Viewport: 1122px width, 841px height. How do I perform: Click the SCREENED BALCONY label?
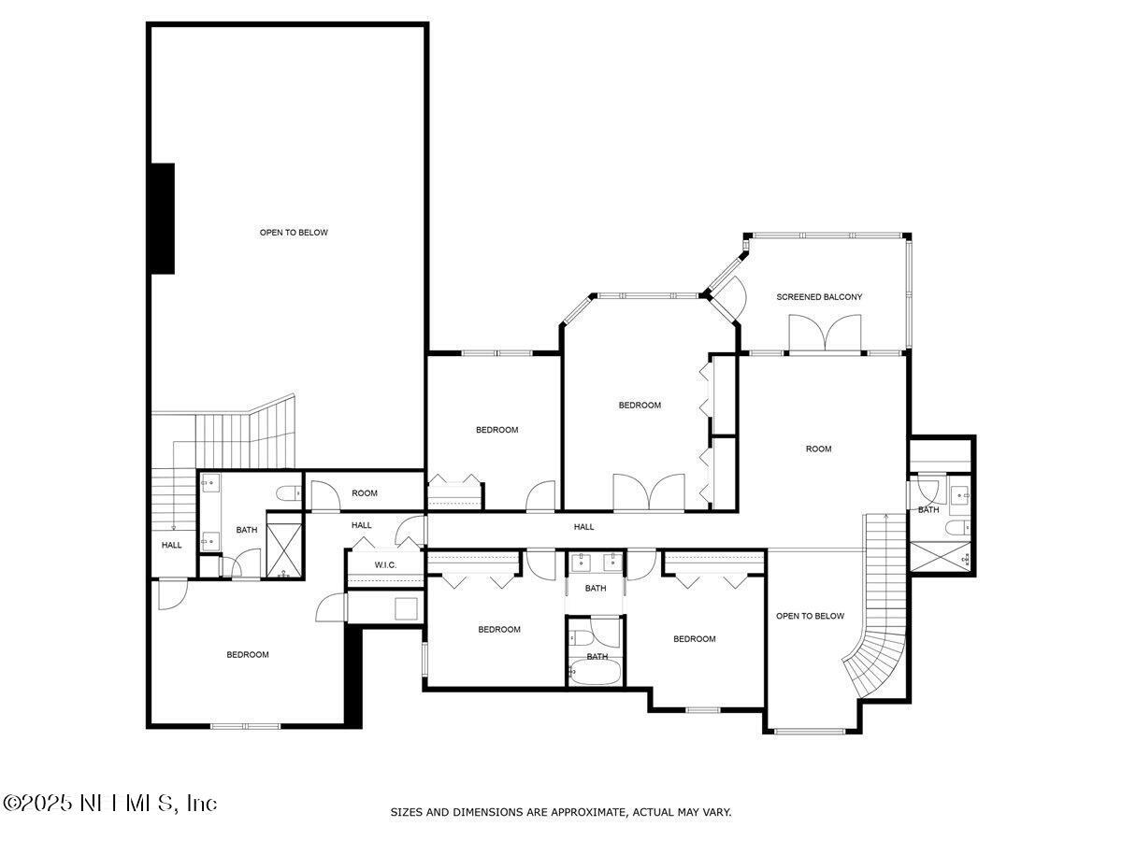pyautogui.click(x=819, y=297)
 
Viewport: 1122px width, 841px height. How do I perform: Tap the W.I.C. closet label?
pyautogui.click(x=386, y=564)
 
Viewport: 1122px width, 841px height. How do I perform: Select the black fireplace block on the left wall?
pyautogui.click(x=163, y=218)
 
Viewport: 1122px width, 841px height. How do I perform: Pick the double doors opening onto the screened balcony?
pyautogui.click(x=824, y=334)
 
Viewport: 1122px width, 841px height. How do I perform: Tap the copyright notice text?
pyautogui.click(x=109, y=803)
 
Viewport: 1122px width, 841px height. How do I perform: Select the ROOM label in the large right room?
pyautogui.click(x=818, y=449)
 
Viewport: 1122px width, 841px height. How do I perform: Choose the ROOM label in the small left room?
pyautogui.click(x=365, y=493)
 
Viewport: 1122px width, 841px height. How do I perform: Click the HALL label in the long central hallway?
pyautogui.click(x=583, y=527)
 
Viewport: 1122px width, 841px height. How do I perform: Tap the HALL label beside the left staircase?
pyautogui.click(x=172, y=545)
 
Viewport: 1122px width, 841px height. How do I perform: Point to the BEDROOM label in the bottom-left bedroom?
pyautogui.click(x=248, y=654)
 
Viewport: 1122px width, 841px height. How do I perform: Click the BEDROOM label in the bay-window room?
pyautogui.click(x=640, y=405)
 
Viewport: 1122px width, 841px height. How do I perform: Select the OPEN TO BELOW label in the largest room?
pyautogui.click(x=294, y=232)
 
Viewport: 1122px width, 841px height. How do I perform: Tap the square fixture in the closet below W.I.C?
pyautogui.click(x=407, y=608)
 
